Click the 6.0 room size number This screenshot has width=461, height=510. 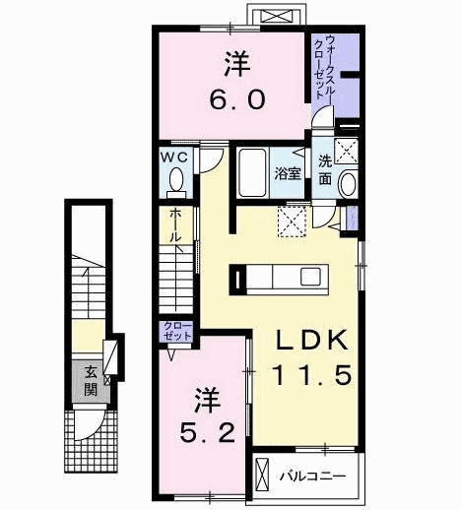pyautogui.click(x=237, y=99)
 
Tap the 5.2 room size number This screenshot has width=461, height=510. pyautogui.click(x=208, y=432)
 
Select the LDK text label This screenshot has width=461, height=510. pyautogui.click(x=311, y=340)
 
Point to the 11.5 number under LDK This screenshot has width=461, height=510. pyautogui.click(x=312, y=375)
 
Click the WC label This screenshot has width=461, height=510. pyautogui.click(x=174, y=158)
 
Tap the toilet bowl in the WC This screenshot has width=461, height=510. pyautogui.click(x=176, y=180)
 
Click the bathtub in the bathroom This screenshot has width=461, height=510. pyautogui.click(x=252, y=172)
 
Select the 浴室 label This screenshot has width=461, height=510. pyautogui.click(x=288, y=173)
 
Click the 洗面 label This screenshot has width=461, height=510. pyautogui.click(x=325, y=170)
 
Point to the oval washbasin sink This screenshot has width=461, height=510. pyautogui.click(x=349, y=183)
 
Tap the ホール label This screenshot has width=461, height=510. pyautogui.click(x=176, y=224)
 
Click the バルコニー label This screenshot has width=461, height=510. pyautogui.click(x=313, y=476)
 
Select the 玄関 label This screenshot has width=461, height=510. pyautogui.click(x=91, y=381)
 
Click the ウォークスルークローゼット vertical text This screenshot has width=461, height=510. pyautogui.click(x=324, y=68)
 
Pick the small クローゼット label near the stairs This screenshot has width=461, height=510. pyautogui.click(x=177, y=331)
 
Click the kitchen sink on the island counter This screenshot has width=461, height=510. pyautogui.click(x=310, y=277)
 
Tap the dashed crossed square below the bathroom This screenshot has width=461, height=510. pyautogui.click(x=292, y=222)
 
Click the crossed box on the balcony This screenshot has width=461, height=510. pyautogui.click(x=262, y=476)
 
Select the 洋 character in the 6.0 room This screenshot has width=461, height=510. pyautogui.click(x=237, y=65)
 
